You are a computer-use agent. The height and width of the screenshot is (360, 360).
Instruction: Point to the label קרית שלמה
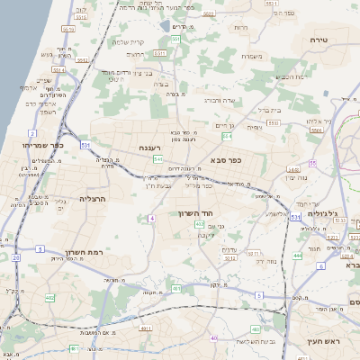pos(130,41)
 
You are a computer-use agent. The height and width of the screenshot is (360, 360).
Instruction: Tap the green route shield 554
pos(228,137)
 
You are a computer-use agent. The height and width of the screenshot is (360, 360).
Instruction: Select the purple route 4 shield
pos(153,219)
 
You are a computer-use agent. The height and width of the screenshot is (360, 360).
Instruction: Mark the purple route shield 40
pos(213,337)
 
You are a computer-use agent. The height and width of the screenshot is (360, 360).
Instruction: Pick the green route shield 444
pos(297,255)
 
